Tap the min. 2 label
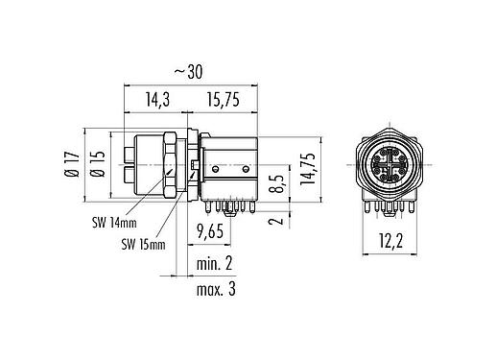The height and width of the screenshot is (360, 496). pyautogui.click(x=217, y=262)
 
